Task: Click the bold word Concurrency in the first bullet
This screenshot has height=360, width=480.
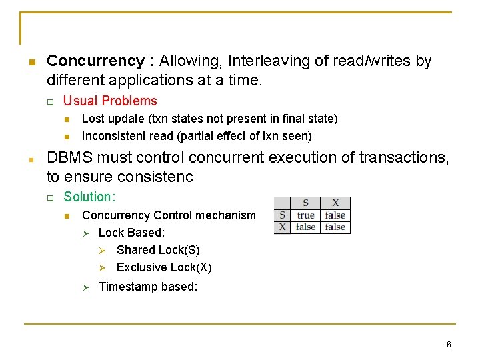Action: coord(95,61)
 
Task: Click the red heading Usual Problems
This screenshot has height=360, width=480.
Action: coord(110,101)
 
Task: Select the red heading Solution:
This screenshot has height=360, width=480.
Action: coord(89,197)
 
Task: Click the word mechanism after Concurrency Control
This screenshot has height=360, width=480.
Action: coord(224,215)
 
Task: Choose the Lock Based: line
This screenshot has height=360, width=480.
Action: coord(131,233)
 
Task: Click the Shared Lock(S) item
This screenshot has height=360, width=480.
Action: coord(158,250)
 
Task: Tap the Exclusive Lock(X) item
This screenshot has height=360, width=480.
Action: coord(164,267)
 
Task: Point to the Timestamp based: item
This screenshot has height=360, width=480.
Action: coord(148,287)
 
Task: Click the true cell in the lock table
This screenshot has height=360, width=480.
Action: coord(306,215)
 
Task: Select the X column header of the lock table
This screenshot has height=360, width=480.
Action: coord(335,203)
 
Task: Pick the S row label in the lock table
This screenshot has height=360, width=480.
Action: coord(283,215)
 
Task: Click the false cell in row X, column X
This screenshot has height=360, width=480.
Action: coord(335,227)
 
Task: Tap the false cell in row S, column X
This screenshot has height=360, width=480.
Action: coord(335,215)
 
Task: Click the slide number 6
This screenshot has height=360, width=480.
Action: coord(449,345)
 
